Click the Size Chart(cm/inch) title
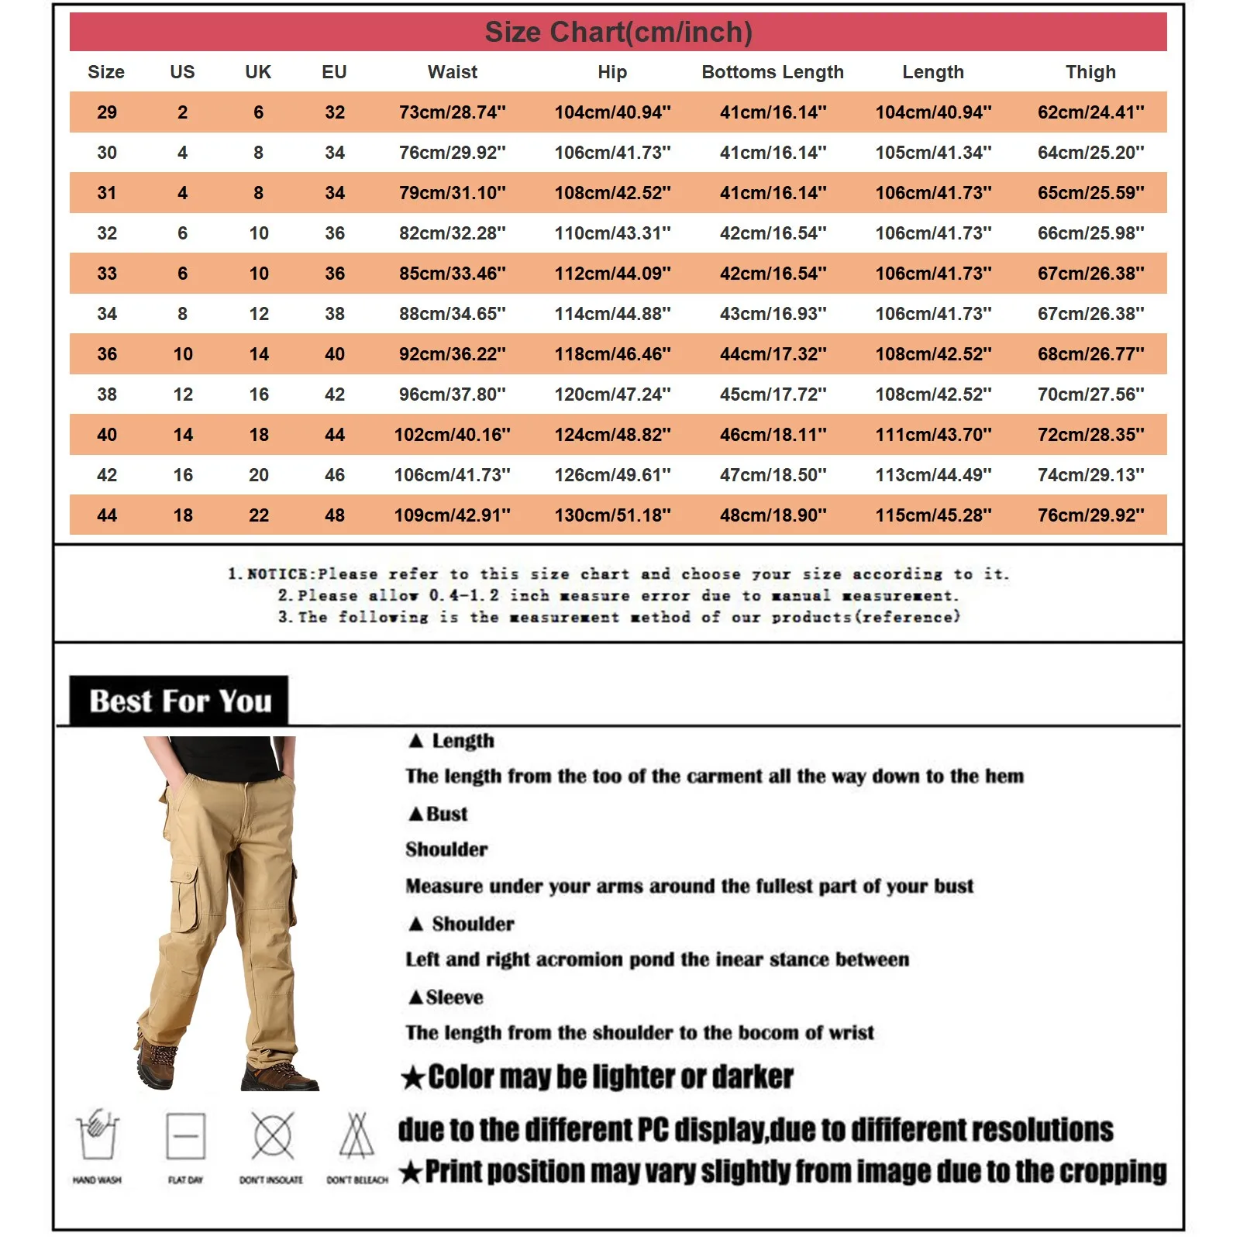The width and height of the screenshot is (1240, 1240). click(x=618, y=33)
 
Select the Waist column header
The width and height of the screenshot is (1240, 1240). click(x=453, y=72)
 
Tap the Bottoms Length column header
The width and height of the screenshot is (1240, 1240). click(x=773, y=72)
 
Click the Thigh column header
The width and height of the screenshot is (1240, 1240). click(x=1090, y=72)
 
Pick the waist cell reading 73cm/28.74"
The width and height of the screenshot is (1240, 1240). click(x=453, y=112)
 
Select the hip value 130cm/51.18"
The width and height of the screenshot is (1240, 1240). click(x=612, y=515)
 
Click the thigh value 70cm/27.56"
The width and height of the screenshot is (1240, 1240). click(x=1090, y=394)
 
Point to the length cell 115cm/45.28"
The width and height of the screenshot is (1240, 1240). click(x=933, y=515)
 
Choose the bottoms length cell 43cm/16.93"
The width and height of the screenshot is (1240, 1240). click(x=773, y=314)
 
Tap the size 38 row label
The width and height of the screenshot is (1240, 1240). click(x=107, y=394)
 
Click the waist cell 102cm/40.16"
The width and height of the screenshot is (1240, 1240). click(x=453, y=435)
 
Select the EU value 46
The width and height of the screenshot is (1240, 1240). click(x=335, y=475)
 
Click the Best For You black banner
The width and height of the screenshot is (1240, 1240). click(x=179, y=701)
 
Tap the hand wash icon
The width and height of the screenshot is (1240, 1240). click(x=97, y=1136)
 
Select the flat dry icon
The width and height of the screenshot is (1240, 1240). click(x=186, y=1136)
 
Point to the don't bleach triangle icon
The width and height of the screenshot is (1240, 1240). click(x=356, y=1136)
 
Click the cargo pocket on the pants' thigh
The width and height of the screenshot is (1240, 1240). click(x=186, y=899)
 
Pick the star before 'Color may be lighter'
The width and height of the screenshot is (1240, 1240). click(x=413, y=1077)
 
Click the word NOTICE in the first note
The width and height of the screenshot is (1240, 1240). click(x=277, y=574)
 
